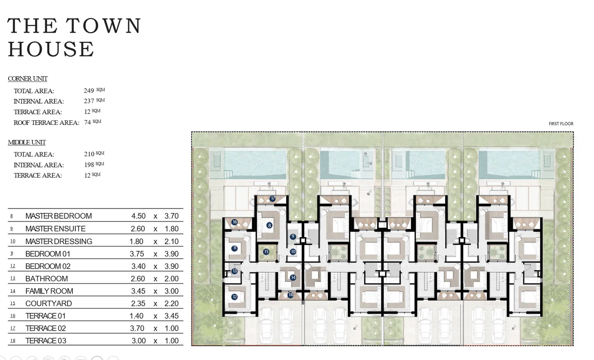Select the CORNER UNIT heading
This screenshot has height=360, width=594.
28,79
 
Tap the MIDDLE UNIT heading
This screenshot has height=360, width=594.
27,143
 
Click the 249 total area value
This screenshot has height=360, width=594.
89,91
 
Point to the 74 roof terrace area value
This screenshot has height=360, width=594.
87,122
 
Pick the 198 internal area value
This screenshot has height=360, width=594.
89,165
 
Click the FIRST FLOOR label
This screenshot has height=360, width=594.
561,124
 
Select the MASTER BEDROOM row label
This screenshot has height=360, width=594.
58,216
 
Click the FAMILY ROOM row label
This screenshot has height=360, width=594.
49,291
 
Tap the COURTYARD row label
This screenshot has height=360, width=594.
48,303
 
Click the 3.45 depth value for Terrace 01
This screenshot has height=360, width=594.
172,316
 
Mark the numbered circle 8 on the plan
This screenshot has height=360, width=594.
269,225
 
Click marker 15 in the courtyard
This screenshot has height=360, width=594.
266,251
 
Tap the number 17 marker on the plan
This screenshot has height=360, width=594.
273,198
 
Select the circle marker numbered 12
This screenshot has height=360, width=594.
234,297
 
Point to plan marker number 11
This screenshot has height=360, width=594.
235,248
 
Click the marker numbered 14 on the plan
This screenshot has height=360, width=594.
293,278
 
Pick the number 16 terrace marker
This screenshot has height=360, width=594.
234,222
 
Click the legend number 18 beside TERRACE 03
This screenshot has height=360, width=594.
12,341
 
